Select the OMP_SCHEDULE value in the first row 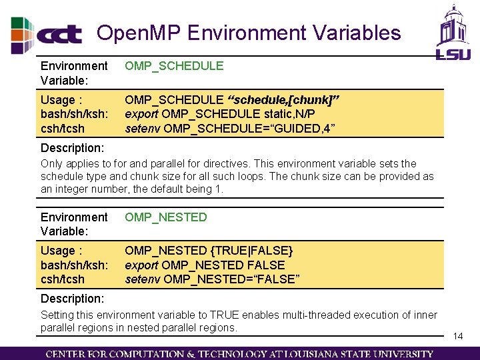(174, 65)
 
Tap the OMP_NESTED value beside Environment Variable (166, 217)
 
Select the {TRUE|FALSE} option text (251, 251)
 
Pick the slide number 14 (458, 336)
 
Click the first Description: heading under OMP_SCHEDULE (72, 147)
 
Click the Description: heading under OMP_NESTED (72, 298)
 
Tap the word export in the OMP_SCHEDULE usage (142, 114)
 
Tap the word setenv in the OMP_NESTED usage (143, 279)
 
